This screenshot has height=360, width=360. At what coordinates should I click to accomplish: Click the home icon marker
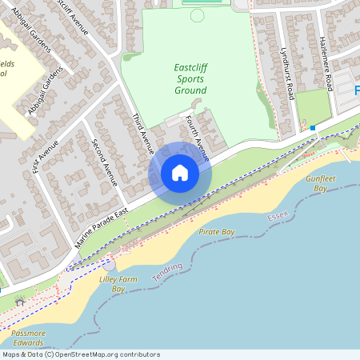180,173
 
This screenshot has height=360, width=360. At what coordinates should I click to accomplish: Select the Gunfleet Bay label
317,183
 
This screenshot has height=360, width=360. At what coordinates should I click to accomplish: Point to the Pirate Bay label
216,232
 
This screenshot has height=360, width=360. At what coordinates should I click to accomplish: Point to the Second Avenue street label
105,162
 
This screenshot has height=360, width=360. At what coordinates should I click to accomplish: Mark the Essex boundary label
278,217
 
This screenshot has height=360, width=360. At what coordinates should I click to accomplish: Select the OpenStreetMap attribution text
81,354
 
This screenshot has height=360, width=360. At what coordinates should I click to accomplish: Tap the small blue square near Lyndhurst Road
313,128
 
